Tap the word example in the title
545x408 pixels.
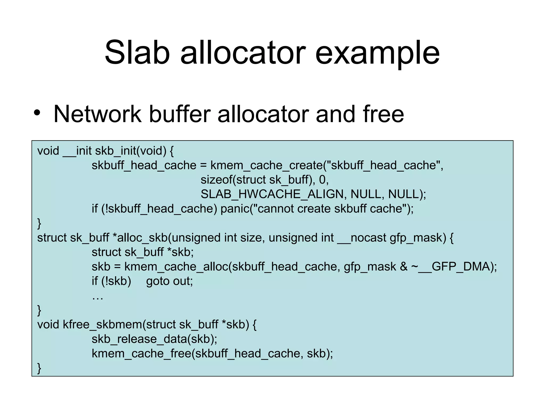tap(377, 53)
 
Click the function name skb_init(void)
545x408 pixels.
tap(130, 151)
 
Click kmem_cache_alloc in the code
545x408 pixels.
tap(176, 267)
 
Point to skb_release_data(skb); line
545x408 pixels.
tap(154, 339)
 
